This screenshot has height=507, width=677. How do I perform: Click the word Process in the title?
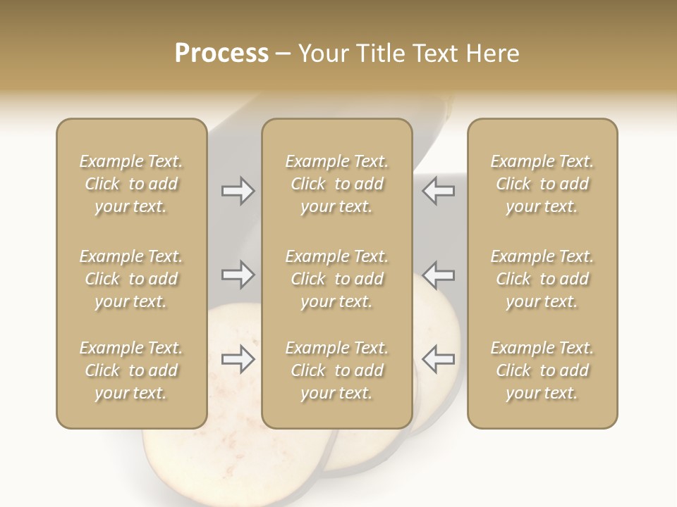(x=221, y=54)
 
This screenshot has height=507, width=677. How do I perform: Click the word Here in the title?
(x=494, y=54)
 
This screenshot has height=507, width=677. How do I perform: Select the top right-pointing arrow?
(x=238, y=191)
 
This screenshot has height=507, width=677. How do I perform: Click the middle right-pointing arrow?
(x=238, y=275)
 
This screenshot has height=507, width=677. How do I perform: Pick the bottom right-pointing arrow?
(x=238, y=359)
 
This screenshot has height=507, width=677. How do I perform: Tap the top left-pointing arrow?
(x=438, y=191)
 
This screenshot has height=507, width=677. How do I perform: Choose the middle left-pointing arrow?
(x=438, y=275)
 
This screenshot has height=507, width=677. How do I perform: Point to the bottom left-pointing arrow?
(x=438, y=359)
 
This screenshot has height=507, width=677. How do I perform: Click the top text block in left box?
(x=131, y=184)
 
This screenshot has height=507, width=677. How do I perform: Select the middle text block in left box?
(x=131, y=279)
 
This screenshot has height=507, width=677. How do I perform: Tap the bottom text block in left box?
(x=131, y=370)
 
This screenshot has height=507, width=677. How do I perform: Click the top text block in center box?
(x=336, y=184)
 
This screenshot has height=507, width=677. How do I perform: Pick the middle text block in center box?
(x=336, y=279)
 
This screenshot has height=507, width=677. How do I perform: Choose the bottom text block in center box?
(x=336, y=370)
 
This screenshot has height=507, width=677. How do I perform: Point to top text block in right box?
(x=542, y=184)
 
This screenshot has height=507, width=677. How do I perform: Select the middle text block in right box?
(x=542, y=279)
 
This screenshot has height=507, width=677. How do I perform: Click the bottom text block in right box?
(x=542, y=370)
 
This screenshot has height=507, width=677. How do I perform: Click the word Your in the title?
(x=322, y=54)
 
